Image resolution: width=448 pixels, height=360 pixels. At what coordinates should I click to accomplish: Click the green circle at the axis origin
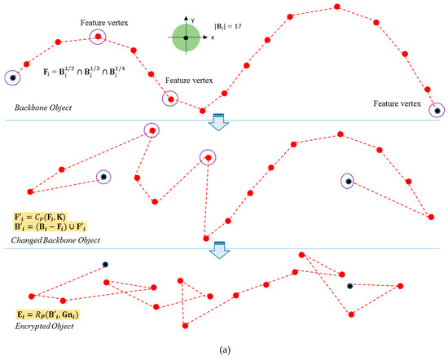tap(187, 37)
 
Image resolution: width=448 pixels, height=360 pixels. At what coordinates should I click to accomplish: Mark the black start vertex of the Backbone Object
tap(11, 78)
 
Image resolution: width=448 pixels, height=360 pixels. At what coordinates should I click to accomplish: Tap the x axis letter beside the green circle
tap(213, 37)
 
